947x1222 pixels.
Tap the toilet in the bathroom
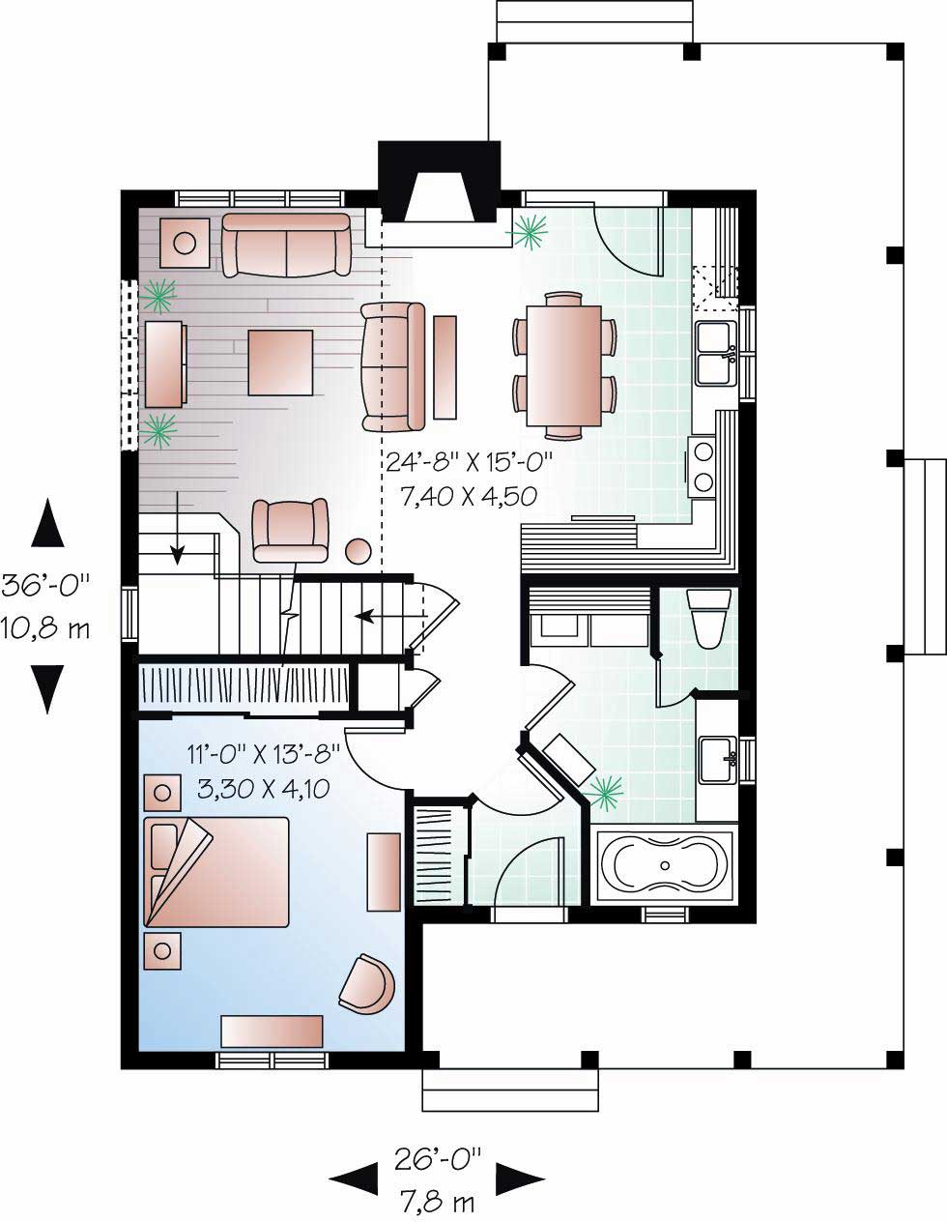pyautogui.click(x=706, y=619)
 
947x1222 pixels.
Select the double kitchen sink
pyautogui.click(x=716, y=353)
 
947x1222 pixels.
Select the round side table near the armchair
pyautogui.click(x=359, y=551)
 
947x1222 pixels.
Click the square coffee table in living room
pyautogui.click(x=280, y=363)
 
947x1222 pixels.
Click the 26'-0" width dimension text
pyautogui.click(x=437, y=1156)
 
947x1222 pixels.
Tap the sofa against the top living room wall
pyautogui.click(x=285, y=246)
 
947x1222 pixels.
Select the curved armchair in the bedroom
pyautogui.click(x=367, y=983)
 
